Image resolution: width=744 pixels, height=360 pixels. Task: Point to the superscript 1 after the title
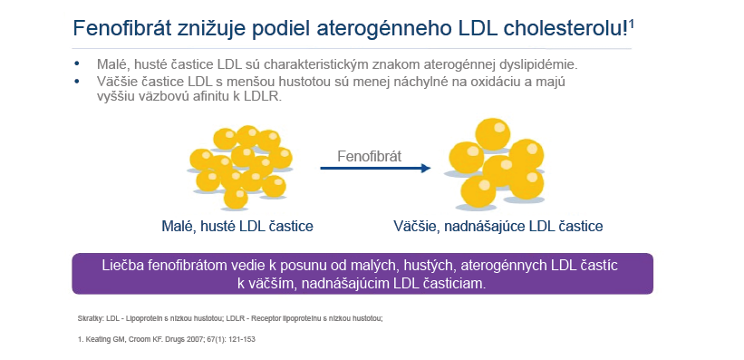pyautogui.click(x=631, y=24)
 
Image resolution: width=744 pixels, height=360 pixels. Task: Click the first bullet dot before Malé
pyautogui.click(x=77, y=63)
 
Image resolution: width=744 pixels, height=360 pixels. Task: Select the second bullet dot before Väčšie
pyautogui.click(x=77, y=82)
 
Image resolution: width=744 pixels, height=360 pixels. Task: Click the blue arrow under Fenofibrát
pyautogui.click(x=375, y=168)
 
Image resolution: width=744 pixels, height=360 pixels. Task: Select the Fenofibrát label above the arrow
pyautogui.click(x=369, y=156)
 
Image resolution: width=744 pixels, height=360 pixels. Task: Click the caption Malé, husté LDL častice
pyautogui.click(x=237, y=226)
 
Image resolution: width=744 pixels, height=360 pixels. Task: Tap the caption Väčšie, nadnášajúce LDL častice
pyautogui.click(x=498, y=226)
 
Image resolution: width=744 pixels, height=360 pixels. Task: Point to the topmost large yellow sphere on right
pyautogui.click(x=492, y=134)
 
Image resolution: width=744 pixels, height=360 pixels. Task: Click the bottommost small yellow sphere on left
pyautogui.click(x=236, y=198)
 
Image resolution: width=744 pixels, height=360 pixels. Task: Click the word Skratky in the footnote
pyautogui.click(x=86, y=319)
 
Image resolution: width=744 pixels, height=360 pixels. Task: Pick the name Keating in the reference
pyautogui.click(x=93, y=339)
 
